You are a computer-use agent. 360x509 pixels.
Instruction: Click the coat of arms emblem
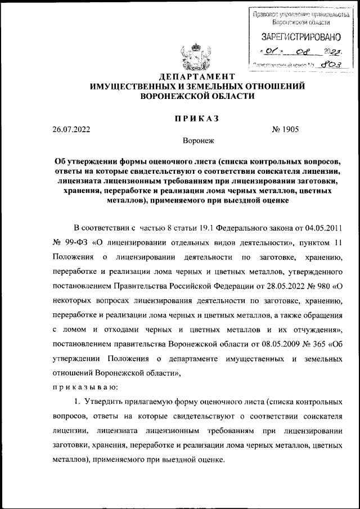point(194,55)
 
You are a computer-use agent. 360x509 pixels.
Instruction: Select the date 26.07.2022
point(71,129)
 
